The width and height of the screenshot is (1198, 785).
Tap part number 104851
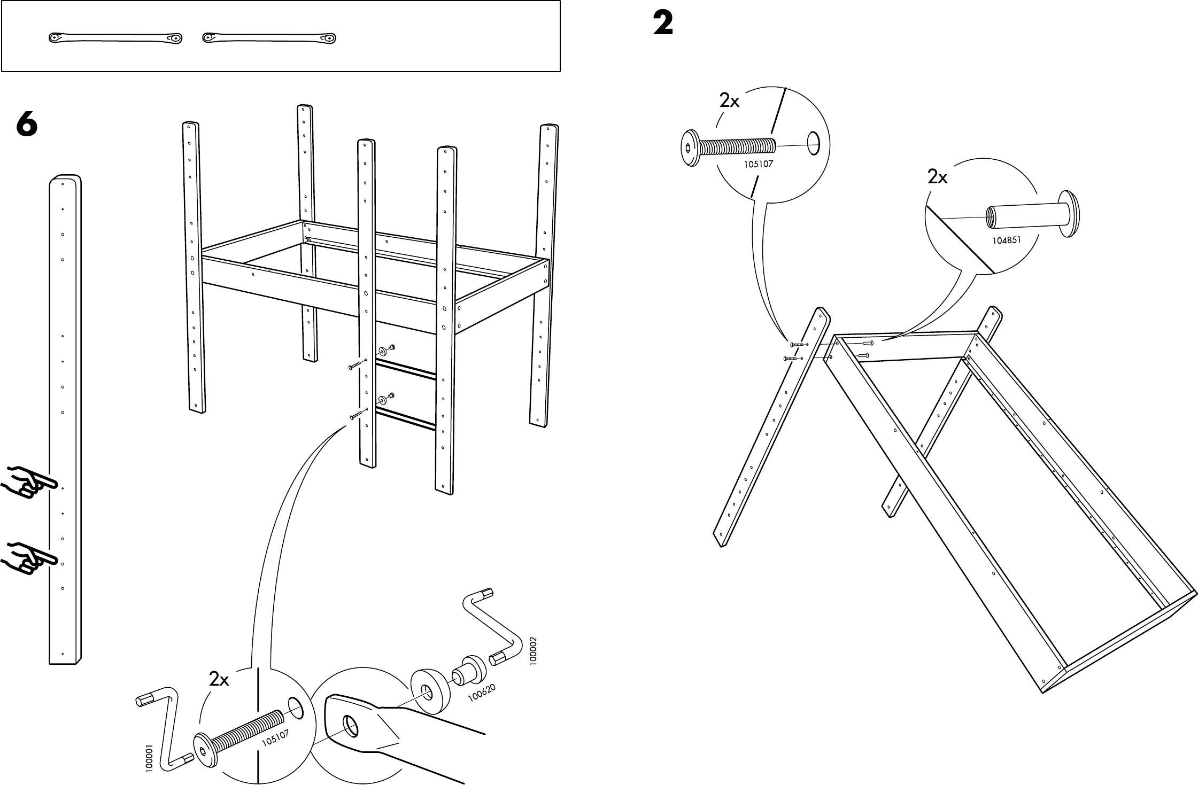click(1007, 240)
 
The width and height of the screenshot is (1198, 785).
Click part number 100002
click(532, 651)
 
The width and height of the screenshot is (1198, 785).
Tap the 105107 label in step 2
click(759, 164)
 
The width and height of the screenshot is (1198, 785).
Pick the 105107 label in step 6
click(275, 738)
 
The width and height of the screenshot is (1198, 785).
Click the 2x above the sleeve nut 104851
click(937, 177)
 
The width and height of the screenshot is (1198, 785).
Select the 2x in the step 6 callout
click(219, 679)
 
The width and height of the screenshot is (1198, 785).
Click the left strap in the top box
click(115, 38)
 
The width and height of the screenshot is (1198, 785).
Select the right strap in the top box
click(269, 38)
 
